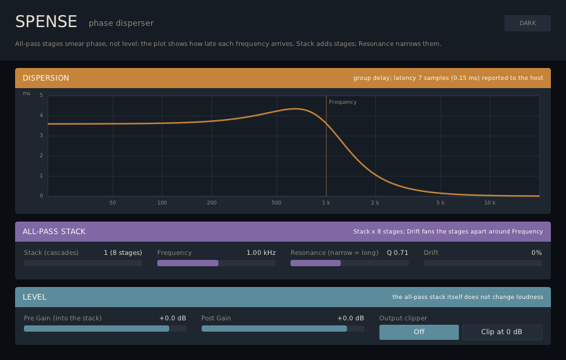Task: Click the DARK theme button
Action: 528,23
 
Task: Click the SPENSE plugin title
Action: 46,21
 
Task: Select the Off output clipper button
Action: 419,332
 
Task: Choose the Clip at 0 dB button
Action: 502,332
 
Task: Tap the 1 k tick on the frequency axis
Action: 326,203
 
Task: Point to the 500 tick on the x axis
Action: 277,203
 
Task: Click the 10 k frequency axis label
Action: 490,203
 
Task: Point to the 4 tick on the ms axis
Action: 41,115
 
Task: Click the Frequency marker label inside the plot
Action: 343,102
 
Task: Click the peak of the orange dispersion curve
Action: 296,109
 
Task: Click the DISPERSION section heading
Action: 46,78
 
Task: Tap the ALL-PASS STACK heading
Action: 54,232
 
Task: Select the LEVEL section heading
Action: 35,297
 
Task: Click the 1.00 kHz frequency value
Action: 261,253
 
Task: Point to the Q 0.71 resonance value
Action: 397,253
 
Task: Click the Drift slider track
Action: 482,263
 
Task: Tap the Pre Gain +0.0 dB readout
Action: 172,318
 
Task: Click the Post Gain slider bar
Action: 282,329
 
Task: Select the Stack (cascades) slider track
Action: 83,263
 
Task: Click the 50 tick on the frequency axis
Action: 113,203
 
